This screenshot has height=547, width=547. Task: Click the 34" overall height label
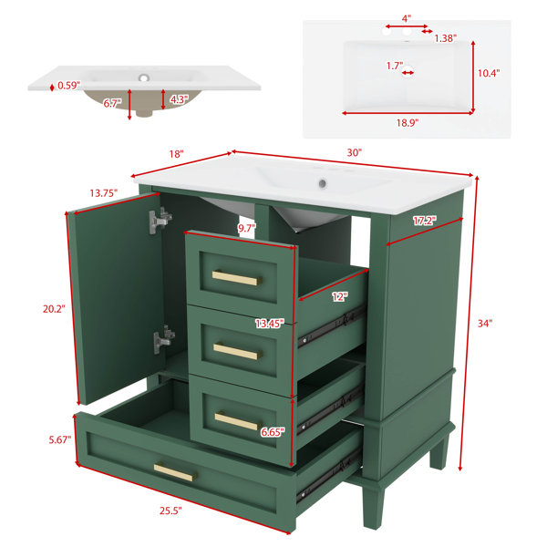[485, 324]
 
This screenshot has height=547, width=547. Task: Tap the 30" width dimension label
[354, 152]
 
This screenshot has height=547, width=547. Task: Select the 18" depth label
[176, 154]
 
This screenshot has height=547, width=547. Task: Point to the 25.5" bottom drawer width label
[171, 511]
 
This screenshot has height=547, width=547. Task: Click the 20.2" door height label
[54, 309]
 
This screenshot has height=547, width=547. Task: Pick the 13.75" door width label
[104, 193]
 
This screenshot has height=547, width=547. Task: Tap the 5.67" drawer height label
[60, 439]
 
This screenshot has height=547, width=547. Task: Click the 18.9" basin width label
[408, 123]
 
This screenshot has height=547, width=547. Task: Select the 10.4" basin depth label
[489, 73]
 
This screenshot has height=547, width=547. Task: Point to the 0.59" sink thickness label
[69, 85]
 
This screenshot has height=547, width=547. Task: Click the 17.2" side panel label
[425, 221]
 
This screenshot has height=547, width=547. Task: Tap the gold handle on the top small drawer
[237, 278]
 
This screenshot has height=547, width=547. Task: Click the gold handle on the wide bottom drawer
[175, 471]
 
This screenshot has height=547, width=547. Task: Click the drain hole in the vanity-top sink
[323, 183]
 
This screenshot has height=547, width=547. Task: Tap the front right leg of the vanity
[373, 507]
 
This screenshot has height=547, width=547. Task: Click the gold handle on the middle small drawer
[238, 352]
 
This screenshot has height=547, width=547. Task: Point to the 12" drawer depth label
[340, 297]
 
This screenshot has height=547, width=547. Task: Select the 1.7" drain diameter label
[395, 66]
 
